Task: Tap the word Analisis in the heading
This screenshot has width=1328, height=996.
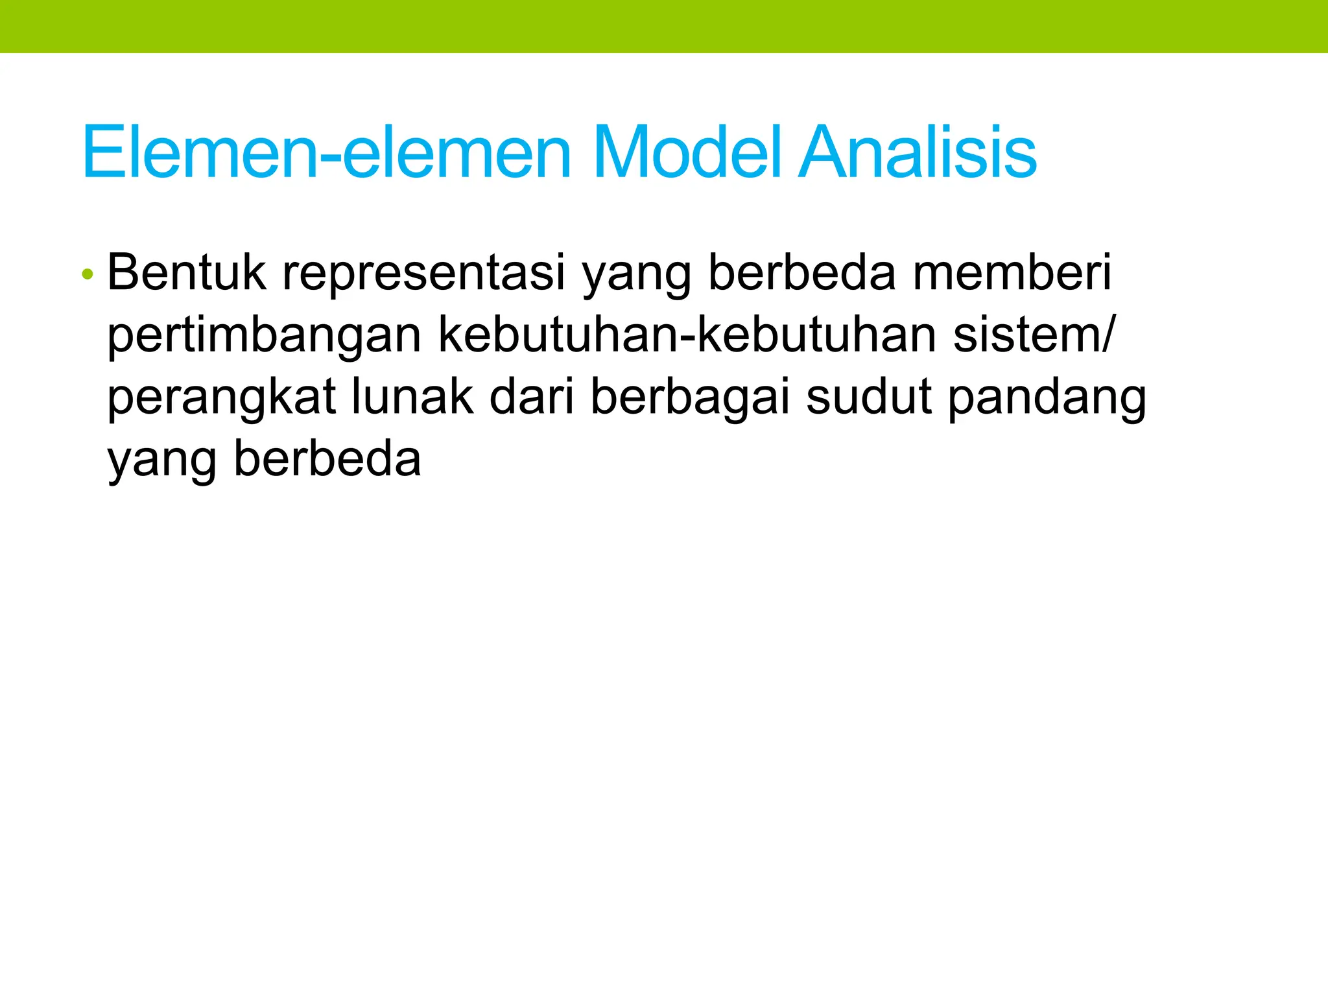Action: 917,152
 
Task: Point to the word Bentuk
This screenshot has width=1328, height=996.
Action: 186,273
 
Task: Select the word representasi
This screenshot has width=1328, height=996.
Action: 424,273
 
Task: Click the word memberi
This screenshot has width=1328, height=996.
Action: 1012,273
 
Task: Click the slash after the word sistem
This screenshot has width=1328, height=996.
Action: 1109,335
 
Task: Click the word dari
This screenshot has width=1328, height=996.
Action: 532,397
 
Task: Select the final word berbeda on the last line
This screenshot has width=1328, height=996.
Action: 327,460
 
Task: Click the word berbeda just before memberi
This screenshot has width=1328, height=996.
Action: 802,273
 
